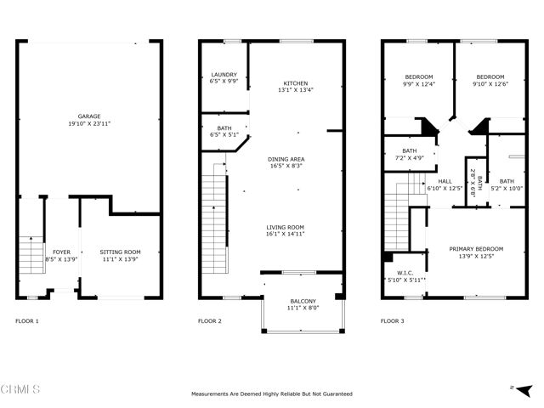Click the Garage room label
pyautogui.click(x=90, y=120)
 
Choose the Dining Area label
pyautogui.click(x=286, y=162)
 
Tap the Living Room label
pyautogui.click(x=285, y=230)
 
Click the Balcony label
pyautogui.click(x=303, y=304)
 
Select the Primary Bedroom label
pyautogui.click(x=476, y=252)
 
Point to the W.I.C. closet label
pyautogui.click(x=405, y=276)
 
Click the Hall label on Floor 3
pyautogui.click(x=445, y=184)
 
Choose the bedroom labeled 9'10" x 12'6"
pyautogui.click(x=490, y=80)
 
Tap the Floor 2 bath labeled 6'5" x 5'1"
pyautogui.click(x=224, y=130)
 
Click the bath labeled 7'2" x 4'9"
pyautogui.click(x=409, y=154)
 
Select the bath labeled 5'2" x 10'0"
pyautogui.click(x=506, y=184)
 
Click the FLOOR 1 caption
pyautogui.click(x=27, y=321)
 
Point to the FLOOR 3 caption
pyautogui.click(x=392, y=321)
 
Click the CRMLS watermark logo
pyautogui.click(x=22, y=389)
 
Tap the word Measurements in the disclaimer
pyautogui.click(x=213, y=394)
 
